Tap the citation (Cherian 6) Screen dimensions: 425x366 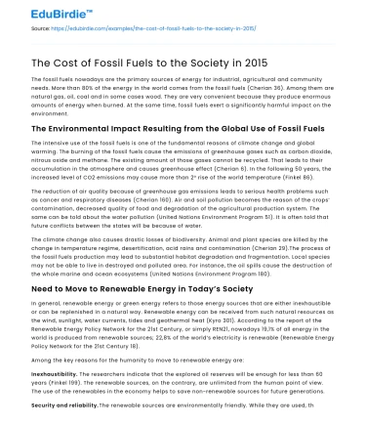(224, 168)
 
